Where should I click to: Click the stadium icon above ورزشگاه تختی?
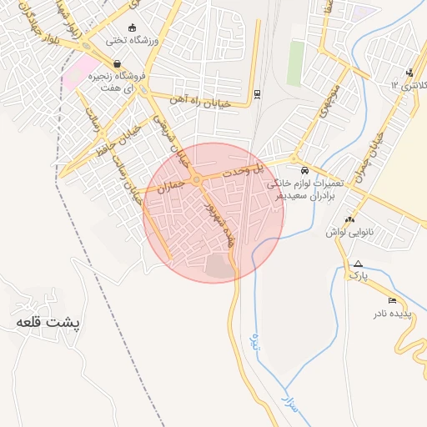(132, 27)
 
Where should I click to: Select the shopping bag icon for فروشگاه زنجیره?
(116, 63)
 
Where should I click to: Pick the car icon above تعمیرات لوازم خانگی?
(304, 169)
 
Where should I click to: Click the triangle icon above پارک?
(358, 264)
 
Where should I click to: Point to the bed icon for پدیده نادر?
(393, 300)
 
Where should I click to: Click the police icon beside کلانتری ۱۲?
(409, 72)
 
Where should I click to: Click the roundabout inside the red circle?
(196, 180)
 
